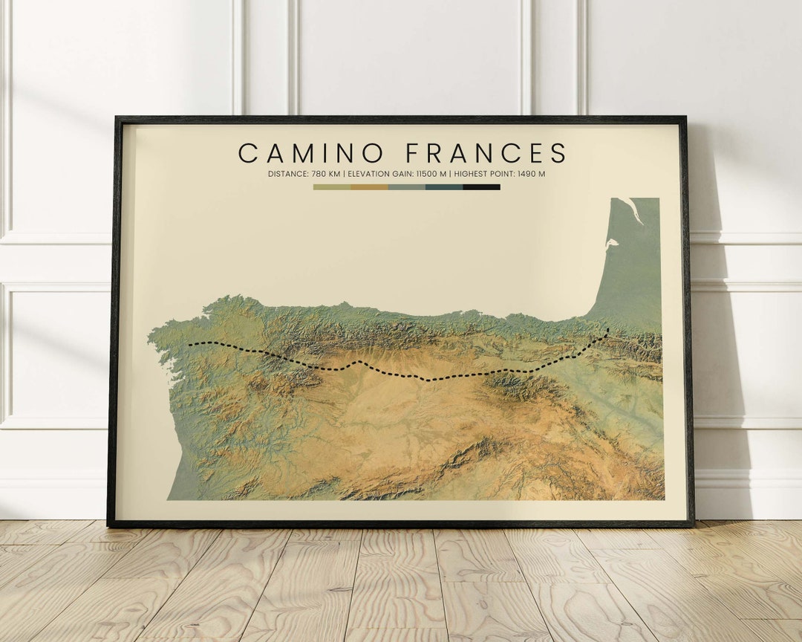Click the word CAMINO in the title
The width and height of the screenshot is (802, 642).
(x=311, y=153)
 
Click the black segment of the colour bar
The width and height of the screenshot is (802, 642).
(x=481, y=187)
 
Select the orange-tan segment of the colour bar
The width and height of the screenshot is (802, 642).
(x=369, y=187)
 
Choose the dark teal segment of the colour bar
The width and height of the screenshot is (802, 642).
(x=444, y=187)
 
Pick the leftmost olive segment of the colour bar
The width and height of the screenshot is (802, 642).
(x=332, y=187)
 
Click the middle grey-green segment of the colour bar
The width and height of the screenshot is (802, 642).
(x=407, y=187)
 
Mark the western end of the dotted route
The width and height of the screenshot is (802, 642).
(x=189, y=345)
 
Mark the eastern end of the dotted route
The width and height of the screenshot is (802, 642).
(x=608, y=329)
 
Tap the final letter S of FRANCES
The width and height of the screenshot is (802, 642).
(x=558, y=153)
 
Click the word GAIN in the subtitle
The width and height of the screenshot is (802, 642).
(x=404, y=174)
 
